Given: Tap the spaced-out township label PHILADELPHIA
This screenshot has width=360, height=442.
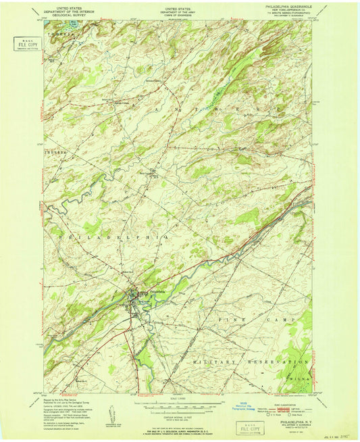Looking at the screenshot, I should (108, 238).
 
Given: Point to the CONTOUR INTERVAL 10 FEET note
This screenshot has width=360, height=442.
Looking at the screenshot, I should (179, 414).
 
